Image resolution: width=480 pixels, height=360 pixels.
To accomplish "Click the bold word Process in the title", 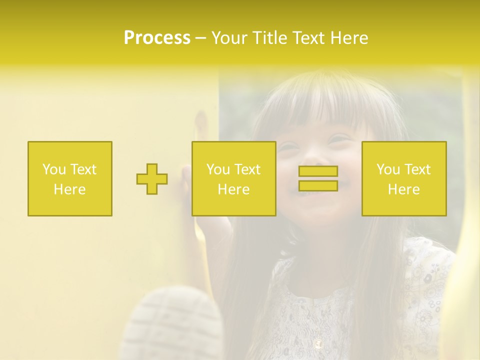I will (157, 38).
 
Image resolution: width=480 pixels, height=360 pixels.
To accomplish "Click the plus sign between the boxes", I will (152, 179).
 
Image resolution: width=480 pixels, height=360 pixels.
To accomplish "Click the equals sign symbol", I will (318, 178).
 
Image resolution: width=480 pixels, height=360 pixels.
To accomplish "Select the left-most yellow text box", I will (70, 179).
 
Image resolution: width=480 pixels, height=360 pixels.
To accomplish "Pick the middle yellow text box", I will (234, 179).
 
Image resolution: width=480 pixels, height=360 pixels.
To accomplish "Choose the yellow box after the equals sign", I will (404, 179).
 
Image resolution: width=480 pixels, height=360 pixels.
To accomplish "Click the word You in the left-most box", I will (54, 169).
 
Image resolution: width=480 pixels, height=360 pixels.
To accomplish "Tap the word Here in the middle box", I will (234, 189).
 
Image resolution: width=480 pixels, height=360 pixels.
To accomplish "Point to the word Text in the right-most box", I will (417, 169).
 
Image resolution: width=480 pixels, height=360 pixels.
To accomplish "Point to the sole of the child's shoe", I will (175, 320).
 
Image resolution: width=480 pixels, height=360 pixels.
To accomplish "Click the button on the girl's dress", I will (318, 343).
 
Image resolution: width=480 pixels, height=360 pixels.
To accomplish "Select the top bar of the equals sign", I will (318, 171).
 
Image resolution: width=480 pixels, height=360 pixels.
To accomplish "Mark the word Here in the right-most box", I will (404, 189).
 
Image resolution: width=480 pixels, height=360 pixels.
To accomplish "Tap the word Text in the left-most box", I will (83, 169).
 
